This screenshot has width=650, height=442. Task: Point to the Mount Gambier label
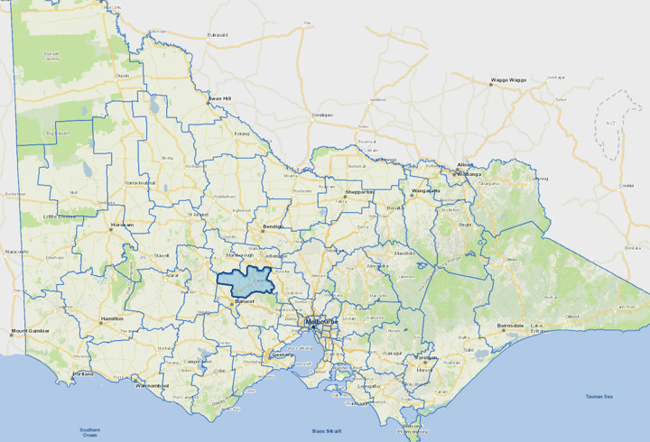pos(31,331)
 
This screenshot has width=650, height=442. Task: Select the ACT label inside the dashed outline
pos(610,123)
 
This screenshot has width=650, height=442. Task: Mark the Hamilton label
pos(112,318)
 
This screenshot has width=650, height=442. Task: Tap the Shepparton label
pos(358,192)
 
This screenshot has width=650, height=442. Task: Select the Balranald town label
pos(218,35)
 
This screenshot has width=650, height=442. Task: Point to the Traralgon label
pos(426,357)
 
